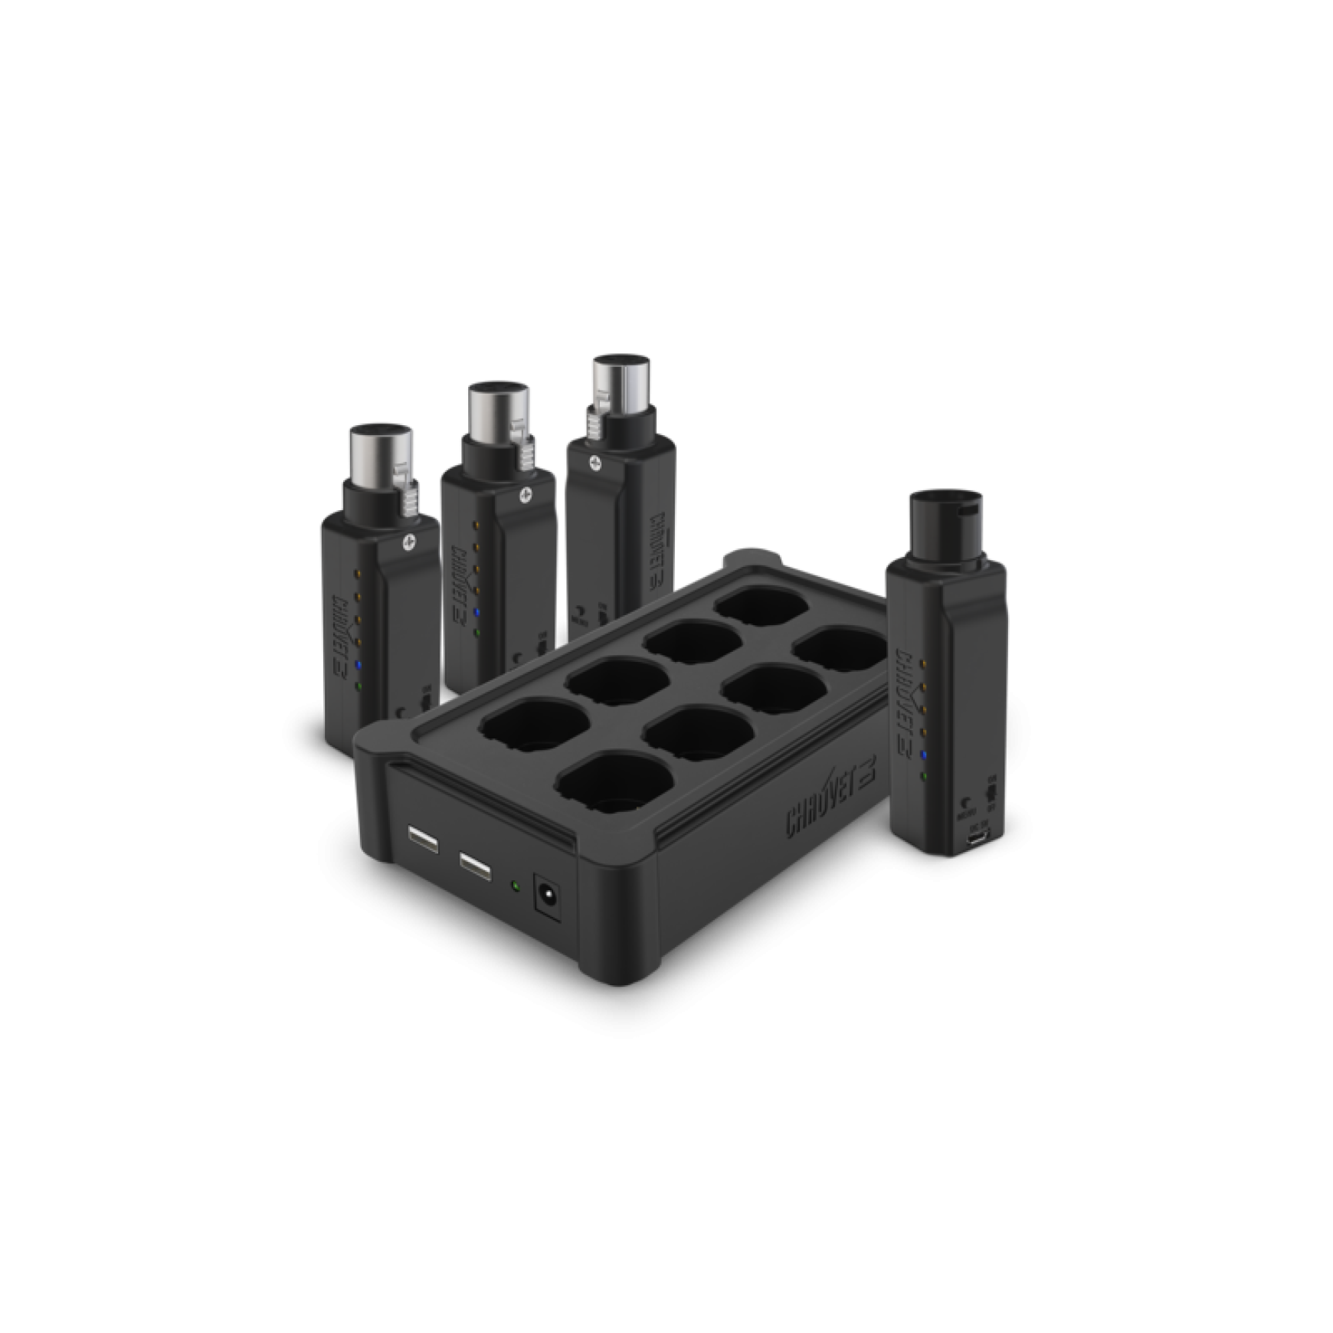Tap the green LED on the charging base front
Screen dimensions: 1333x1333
point(515,886)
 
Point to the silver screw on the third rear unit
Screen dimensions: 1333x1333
point(594,461)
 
